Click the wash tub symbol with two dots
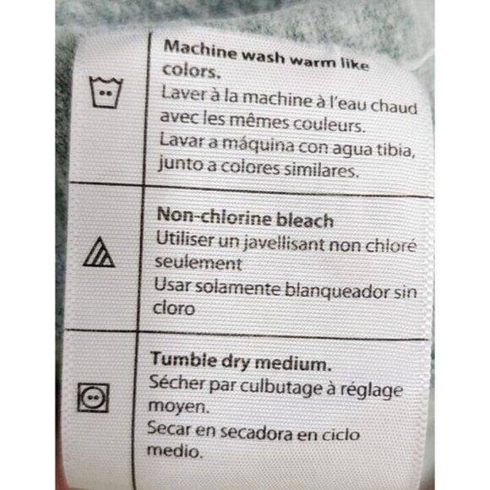[x=106, y=92]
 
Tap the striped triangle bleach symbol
[x=99, y=252]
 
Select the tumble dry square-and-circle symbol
[x=93, y=398]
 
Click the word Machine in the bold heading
[x=200, y=51]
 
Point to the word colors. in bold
[x=191, y=71]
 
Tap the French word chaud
[x=394, y=106]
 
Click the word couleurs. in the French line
[x=329, y=125]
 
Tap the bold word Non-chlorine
[x=214, y=216]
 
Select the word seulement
[x=199, y=262]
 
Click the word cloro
[x=174, y=308]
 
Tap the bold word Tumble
[x=184, y=359]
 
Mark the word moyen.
[x=178, y=407]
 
